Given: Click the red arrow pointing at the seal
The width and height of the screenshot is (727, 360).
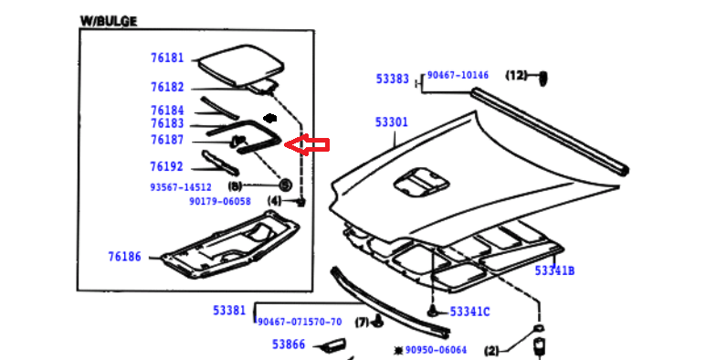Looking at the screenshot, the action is [307, 144].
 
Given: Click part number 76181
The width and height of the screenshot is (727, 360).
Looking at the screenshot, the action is [167, 58].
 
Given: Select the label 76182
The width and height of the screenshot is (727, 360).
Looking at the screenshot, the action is [167, 87].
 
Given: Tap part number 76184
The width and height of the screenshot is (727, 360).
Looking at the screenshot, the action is [167, 111].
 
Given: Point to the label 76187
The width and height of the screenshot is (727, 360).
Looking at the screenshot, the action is [167, 140].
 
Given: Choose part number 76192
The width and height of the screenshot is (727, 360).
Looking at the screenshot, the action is [167, 166].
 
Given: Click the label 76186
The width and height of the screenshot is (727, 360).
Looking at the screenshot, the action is [125, 257].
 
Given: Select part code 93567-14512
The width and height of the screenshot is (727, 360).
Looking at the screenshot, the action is [181, 187].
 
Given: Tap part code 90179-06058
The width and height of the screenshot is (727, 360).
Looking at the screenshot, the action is [220, 201].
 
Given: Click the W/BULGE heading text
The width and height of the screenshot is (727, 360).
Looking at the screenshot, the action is [109, 21].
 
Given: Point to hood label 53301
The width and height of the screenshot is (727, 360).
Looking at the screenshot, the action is [392, 122].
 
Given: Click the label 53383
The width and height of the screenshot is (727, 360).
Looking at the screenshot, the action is [392, 79].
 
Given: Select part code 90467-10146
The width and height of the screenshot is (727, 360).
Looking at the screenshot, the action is [458, 75].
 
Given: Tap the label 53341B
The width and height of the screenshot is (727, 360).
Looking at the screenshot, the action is [554, 270].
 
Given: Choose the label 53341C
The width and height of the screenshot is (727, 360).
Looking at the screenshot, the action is [469, 312].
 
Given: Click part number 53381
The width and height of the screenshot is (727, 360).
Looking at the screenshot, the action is [229, 311].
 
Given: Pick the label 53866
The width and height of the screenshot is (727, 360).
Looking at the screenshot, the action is [289, 344].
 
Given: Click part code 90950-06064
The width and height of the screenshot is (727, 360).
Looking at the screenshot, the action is [436, 350].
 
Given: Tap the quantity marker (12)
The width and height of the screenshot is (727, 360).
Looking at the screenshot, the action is [516, 75].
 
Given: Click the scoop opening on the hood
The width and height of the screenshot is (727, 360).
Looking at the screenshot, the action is [421, 181].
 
